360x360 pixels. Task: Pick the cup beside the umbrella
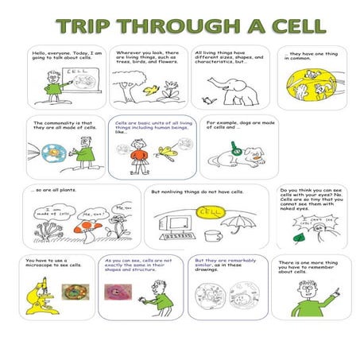[211, 236]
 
